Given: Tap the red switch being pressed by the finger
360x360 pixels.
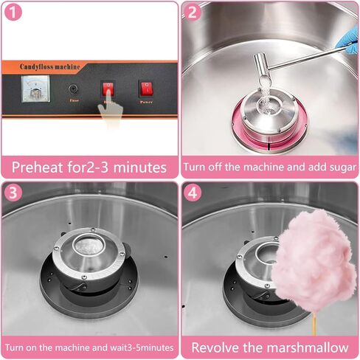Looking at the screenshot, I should (x=108, y=90).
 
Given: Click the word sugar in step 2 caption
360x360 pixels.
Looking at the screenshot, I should (x=335, y=166).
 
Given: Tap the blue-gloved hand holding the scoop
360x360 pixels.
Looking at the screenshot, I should (x=347, y=39).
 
